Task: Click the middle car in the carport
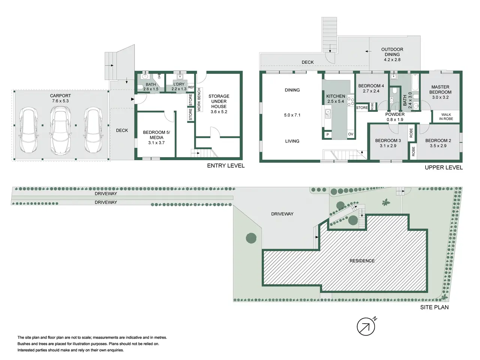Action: point(60,130)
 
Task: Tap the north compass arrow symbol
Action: point(366,326)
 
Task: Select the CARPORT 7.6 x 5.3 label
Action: point(60,98)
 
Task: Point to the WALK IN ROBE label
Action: point(446,117)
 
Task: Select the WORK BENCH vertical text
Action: point(199,100)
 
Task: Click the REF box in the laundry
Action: point(191,87)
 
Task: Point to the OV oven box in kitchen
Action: point(351,134)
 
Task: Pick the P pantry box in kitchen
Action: point(328,135)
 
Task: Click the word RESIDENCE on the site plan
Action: point(362,261)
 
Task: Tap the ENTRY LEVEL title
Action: point(226,166)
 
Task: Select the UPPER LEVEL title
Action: point(444,168)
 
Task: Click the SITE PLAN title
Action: point(434,307)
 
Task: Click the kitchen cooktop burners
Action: point(351,101)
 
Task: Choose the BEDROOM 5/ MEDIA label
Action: point(156,138)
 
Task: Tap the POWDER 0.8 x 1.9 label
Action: point(395,117)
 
